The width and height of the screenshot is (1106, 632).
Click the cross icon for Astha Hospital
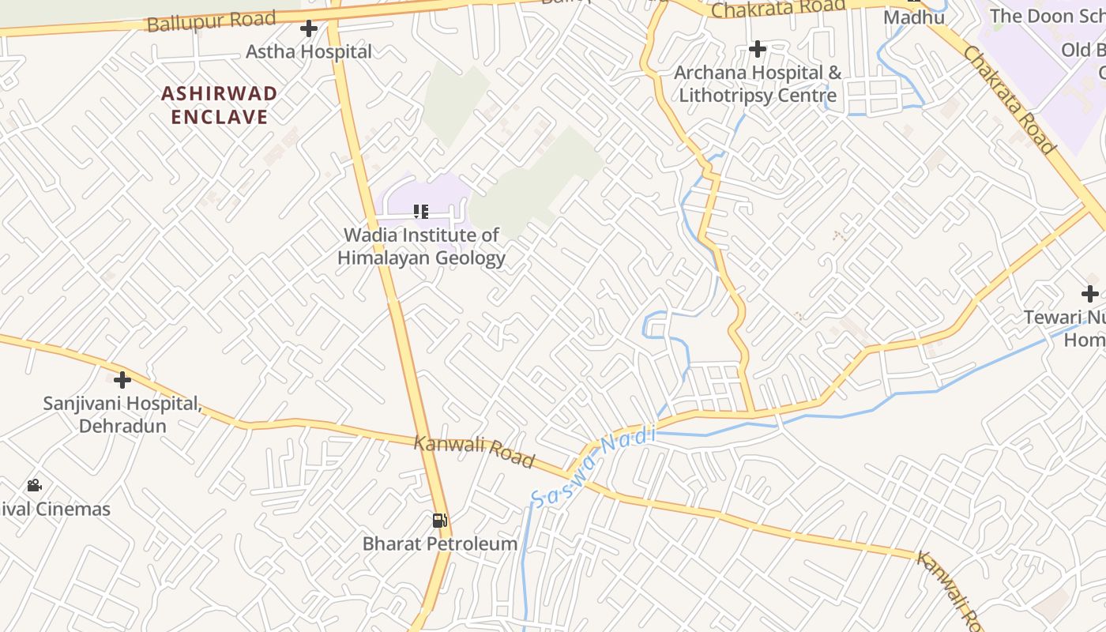tap(309, 29)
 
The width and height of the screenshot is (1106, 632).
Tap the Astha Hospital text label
tap(309, 52)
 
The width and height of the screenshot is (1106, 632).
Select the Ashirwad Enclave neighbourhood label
tap(220, 105)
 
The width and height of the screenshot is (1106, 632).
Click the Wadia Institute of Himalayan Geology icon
tap(421, 211)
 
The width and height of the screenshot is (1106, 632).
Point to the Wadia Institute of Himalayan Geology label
tap(421, 246)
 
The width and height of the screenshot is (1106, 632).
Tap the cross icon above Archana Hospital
tap(758, 49)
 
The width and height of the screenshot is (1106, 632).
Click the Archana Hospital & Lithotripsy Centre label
tap(758, 84)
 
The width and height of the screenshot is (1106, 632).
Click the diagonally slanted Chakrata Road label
tap(1009, 100)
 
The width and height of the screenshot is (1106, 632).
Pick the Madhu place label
tap(914, 17)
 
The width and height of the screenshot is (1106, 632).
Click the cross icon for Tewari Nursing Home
tap(1090, 294)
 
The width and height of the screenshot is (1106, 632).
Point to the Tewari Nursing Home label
tap(1065, 329)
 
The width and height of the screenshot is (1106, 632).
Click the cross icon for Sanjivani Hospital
tap(122, 379)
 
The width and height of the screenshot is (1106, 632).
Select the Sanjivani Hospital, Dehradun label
tap(122, 415)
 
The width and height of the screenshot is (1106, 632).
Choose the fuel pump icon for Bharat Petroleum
tap(439, 520)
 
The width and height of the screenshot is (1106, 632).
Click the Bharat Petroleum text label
tap(440, 544)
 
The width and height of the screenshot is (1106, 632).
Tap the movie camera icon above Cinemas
tap(34, 485)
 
